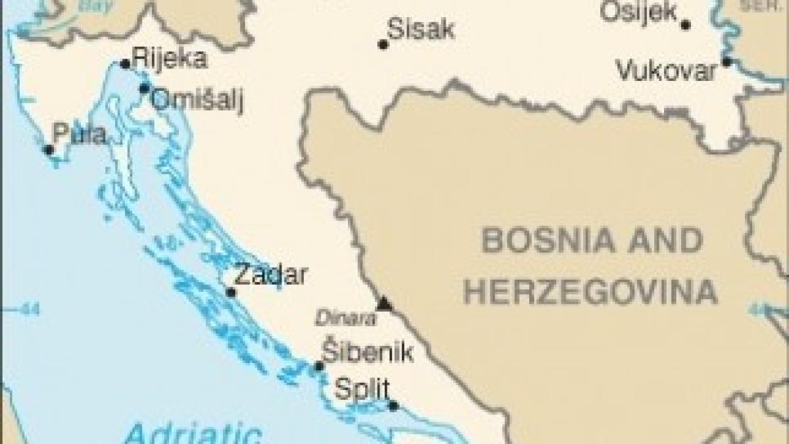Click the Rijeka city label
170,59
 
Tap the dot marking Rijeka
125,64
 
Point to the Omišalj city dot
144,88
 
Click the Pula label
79,134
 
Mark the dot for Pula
49,150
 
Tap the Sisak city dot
383,45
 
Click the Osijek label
636,11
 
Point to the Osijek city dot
686,25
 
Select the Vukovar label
665,70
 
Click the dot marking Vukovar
727,62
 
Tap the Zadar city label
270,275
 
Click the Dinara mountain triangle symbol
384,304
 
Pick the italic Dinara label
346,320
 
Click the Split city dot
393,405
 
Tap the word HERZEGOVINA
590,291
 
